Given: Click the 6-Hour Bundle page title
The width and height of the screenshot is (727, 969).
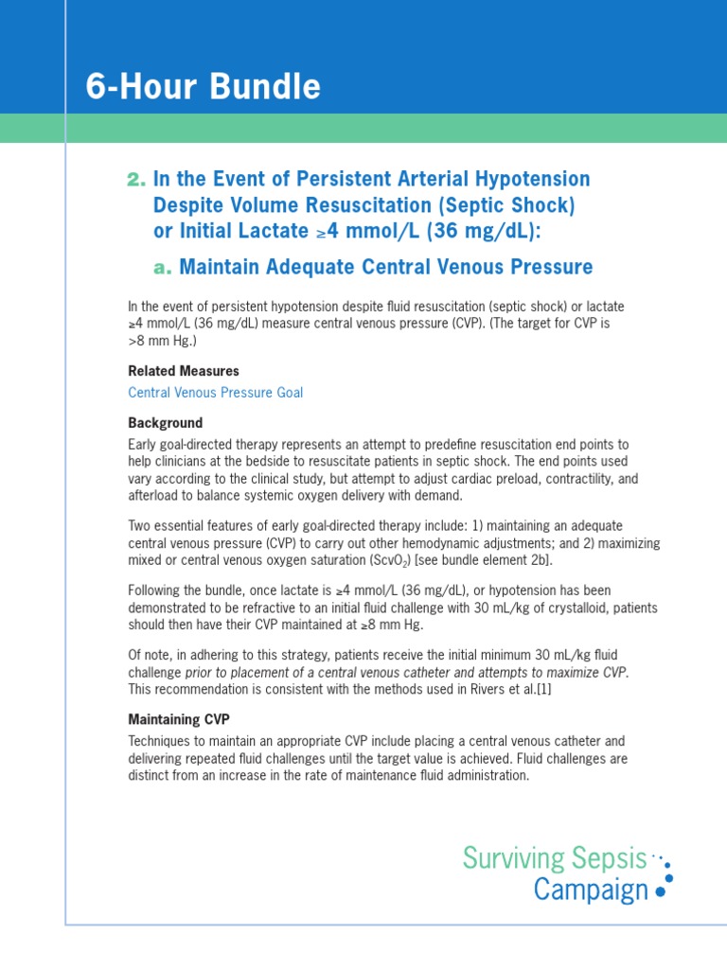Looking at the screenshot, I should pyautogui.click(x=204, y=87).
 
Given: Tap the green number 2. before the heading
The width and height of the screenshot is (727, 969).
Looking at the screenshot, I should pyautogui.click(x=136, y=180).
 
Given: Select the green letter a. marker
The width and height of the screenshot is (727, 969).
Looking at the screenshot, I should pyautogui.click(x=163, y=268).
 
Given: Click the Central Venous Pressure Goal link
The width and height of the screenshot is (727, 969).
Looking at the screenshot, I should pyautogui.click(x=216, y=392).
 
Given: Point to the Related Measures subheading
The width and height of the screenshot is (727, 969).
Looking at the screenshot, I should pyautogui.click(x=184, y=371).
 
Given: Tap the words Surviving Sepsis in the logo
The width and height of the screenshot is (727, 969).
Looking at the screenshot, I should pyautogui.click(x=554, y=858).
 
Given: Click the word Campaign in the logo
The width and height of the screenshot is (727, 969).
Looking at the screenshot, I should pyautogui.click(x=591, y=890).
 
